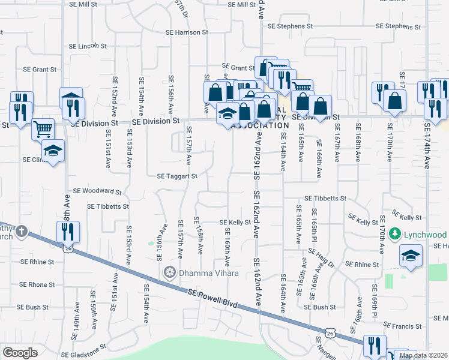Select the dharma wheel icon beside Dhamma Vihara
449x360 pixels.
170,273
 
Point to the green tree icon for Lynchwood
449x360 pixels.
394,233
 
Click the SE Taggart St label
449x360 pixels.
177,176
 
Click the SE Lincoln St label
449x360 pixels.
88,46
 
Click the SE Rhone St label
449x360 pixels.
37,284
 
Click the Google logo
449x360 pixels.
20,353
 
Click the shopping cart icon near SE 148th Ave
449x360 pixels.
43,128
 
